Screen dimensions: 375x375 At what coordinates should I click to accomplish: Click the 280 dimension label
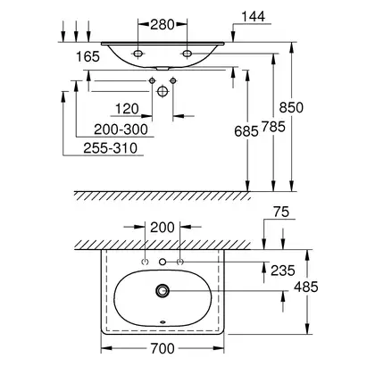(162, 24)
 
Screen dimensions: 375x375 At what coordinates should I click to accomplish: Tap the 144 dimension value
(253, 17)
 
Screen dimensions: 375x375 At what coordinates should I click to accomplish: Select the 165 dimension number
(87, 56)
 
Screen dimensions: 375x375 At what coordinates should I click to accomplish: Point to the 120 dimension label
(127, 109)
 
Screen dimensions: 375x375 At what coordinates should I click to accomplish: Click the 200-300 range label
(121, 129)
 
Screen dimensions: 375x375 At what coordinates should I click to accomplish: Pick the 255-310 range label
(111, 148)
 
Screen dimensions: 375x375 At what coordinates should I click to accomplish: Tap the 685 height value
(246, 131)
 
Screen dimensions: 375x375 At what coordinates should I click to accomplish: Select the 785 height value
(273, 127)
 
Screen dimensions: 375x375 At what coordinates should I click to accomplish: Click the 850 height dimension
(291, 107)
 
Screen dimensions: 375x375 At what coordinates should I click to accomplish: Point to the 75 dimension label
(281, 212)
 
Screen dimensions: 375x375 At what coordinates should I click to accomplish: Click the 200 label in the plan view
(162, 228)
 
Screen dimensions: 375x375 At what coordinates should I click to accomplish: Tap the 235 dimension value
(283, 271)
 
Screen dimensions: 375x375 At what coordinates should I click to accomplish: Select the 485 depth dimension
(306, 287)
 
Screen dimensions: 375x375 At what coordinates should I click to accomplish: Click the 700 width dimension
(162, 348)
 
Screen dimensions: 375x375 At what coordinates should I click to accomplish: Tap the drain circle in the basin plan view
(162, 290)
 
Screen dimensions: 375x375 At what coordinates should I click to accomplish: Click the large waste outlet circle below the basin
(162, 91)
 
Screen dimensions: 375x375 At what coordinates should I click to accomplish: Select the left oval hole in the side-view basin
(138, 54)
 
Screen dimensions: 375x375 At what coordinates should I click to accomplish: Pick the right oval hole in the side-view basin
(187, 54)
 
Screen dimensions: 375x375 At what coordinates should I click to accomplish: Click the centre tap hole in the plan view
(162, 262)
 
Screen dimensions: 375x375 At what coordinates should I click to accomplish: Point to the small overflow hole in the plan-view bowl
(162, 321)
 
